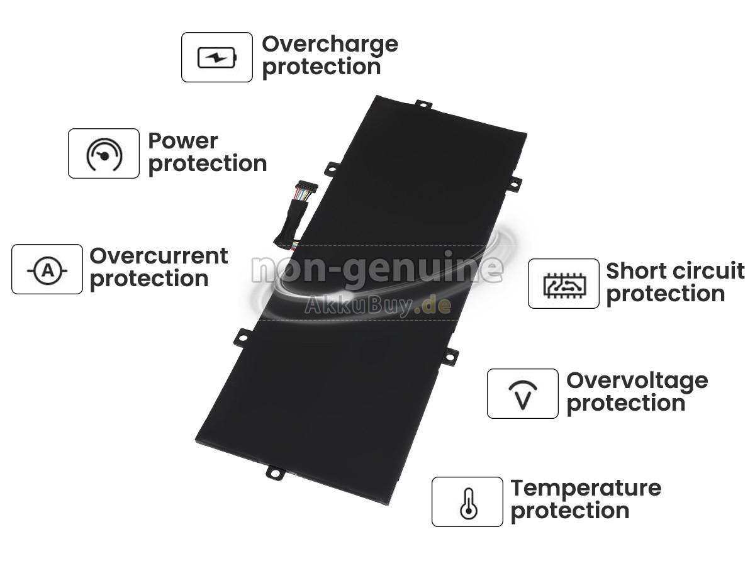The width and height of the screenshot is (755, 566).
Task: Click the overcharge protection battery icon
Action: (x=217, y=57)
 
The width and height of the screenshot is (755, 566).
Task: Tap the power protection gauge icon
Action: (x=104, y=154)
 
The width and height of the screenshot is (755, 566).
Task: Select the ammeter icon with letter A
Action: (x=47, y=270)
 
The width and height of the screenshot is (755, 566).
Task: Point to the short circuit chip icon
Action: (x=564, y=285)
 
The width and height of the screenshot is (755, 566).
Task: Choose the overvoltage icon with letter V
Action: (x=523, y=395)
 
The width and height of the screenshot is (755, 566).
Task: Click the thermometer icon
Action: (x=469, y=504)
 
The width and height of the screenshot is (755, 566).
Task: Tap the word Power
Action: (x=183, y=141)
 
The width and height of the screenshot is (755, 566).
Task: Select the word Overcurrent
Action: (x=159, y=256)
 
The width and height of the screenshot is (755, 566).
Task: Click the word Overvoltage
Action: (x=637, y=382)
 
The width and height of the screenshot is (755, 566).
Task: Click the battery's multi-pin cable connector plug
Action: (x=306, y=190)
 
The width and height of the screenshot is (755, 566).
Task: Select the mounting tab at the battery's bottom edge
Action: (x=276, y=473)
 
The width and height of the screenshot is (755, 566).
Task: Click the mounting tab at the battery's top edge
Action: (x=424, y=104)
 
